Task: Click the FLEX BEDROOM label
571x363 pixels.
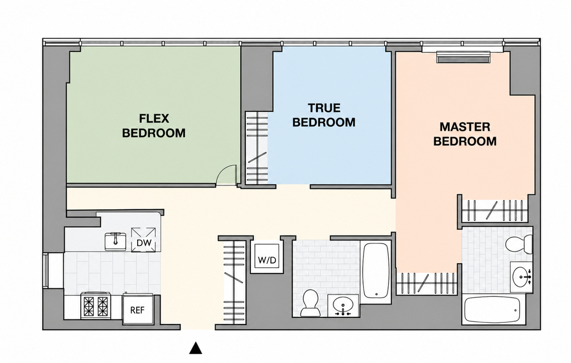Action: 154,126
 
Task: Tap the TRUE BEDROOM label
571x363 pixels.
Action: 324,115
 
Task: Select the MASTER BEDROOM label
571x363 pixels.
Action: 464,134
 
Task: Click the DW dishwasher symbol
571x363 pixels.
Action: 143,239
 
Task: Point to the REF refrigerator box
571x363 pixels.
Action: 137,309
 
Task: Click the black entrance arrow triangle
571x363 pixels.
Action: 196,348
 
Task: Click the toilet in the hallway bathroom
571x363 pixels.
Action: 309,303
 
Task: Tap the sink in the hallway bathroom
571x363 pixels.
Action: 342,306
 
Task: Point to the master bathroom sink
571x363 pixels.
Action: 521,277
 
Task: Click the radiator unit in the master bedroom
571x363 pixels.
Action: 464,57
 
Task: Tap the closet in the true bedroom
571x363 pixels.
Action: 257,148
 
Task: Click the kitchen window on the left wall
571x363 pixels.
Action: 45,271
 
